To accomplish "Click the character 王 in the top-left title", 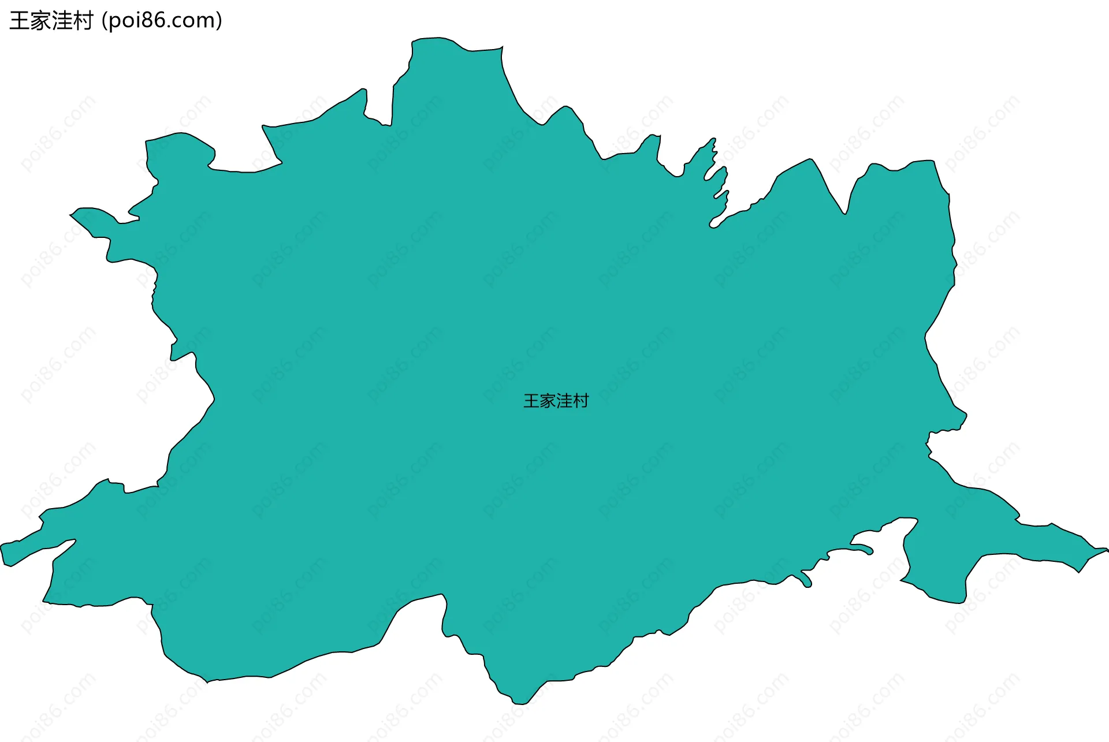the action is [x=20, y=21].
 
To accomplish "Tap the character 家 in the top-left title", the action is [x=40, y=21].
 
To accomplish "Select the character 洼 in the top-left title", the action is [x=62, y=21].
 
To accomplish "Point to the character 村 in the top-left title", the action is [x=83, y=21].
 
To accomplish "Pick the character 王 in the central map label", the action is [x=531, y=401].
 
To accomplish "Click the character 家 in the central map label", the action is [x=548, y=401].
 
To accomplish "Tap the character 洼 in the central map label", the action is [x=564, y=401].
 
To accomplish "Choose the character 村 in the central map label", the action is [x=580, y=401].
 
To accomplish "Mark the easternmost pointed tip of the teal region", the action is [x=1107, y=550].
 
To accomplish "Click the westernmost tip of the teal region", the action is [x=2, y=546].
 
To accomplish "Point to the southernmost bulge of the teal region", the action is [x=519, y=702].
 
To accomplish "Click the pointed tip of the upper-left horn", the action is [x=72, y=215].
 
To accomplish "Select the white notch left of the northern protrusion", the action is [x=379, y=107].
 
